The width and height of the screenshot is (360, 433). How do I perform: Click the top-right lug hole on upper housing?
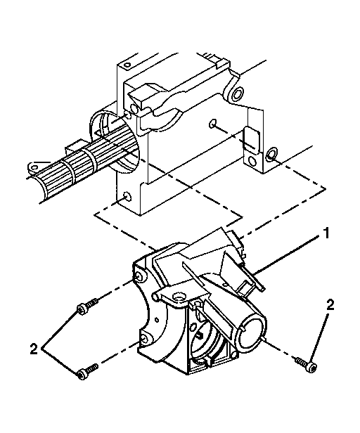click(x=238, y=93)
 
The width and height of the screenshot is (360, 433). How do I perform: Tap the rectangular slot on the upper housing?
click(x=250, y=140)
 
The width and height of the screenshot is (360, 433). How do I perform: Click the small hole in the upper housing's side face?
click(x=213, y=124)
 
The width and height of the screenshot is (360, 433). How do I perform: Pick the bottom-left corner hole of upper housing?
click(x=125, y=197)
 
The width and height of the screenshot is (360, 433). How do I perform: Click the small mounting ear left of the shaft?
click(x=32, y=167)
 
